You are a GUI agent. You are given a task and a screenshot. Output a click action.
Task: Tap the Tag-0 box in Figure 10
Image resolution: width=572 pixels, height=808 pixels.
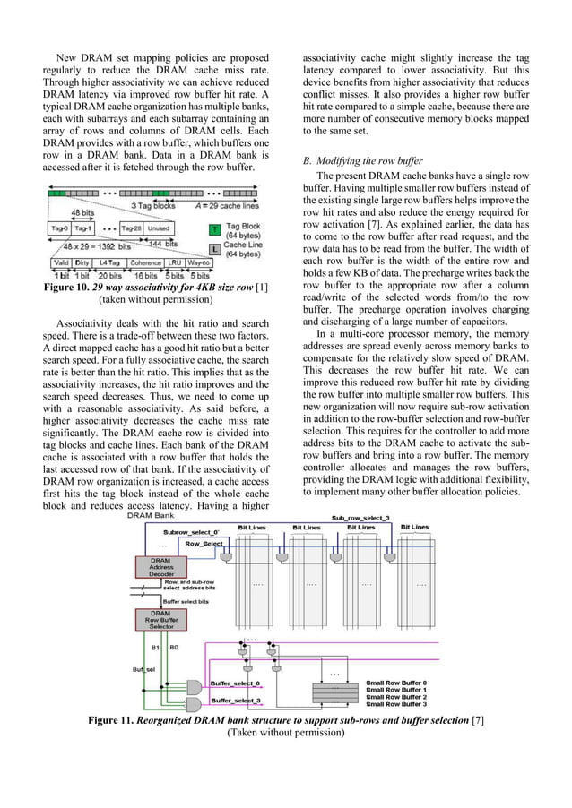click(61, 228)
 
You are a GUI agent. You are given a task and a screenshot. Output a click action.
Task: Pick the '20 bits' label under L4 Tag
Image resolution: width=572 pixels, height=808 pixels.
click(110, 275)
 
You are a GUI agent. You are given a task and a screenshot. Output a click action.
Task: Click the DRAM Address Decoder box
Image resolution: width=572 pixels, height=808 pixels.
click(156, 566)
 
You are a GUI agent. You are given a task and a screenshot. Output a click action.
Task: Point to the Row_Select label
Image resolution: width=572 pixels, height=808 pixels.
click(205, 544)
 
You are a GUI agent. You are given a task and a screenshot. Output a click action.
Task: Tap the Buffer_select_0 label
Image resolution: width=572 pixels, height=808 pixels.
click(234, 683)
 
